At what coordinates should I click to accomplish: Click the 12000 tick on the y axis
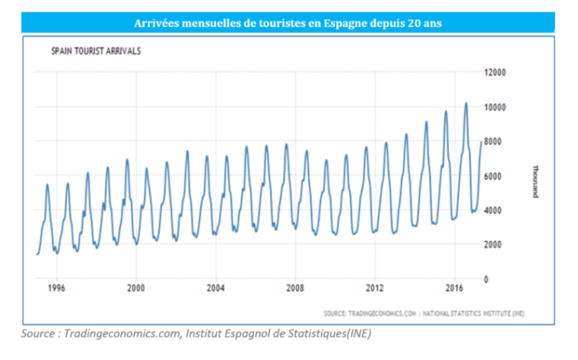pyautogui.click(x=494, y=72)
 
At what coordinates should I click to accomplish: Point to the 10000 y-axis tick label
pyautogui.click(x=494, y=107)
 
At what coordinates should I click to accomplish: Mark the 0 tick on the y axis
pyautogui.click(x=486, y=279)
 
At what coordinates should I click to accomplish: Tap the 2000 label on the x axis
pyautogui.click(x=135, y=288)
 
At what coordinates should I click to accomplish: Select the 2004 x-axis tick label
pyautogui.click(x=215, y=288)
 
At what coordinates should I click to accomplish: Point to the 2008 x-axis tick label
pyautogui.click(x=295, y=288)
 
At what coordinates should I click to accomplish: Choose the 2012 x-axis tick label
pyautogui.click(x=374, y=288)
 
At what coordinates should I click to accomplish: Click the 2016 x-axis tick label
pyautogui.click(x=454, y=288)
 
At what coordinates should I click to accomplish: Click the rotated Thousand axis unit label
pyautogui.click(x=535, y=180)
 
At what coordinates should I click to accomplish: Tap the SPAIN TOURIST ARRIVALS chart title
pyautogui.click(x=96, y=52)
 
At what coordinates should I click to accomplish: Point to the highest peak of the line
pyautogui.click(x=465, y=103)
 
